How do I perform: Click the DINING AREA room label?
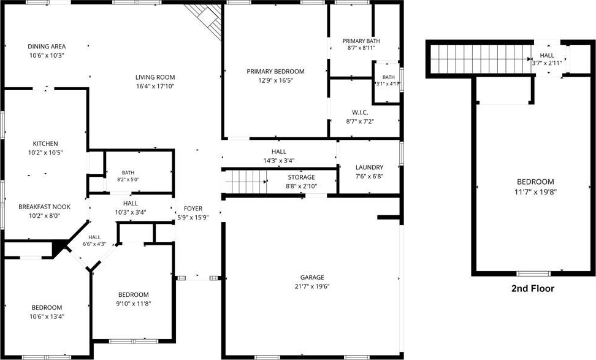[x=47, y=47]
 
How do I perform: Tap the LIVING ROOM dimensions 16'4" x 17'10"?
[x=155, y=86]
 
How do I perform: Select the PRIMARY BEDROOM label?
[x=275, y=71]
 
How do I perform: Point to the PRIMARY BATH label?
[x=361, y=40]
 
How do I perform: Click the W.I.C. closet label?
[x=360, y=112]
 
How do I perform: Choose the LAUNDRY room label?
[x=370, y=167]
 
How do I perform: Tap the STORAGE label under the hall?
[x=302, y=177]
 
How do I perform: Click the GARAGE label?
[x=312, y=277]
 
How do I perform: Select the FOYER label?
[x=193, y=209]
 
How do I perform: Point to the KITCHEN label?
[x=45, y=144]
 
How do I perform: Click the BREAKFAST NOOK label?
[x=45, y=207]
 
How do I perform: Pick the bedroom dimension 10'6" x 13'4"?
[x=47, y=316]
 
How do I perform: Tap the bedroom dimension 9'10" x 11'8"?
[x=134, y=304]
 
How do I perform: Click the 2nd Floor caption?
[x=532, y=288]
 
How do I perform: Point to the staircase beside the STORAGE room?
[x=245, y=182]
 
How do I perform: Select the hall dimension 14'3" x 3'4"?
[x=279, y=161]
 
